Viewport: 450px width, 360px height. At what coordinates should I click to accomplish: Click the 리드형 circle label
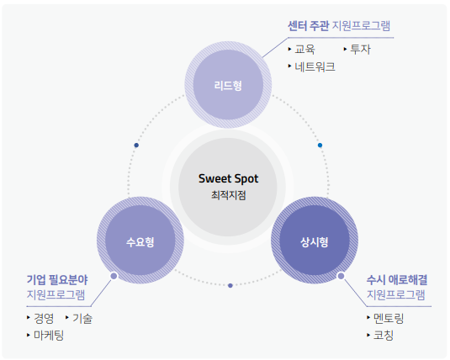(x=228, y=86)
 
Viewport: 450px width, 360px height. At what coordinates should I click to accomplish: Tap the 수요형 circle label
(x=140, y=242)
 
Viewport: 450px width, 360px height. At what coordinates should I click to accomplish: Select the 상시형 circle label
(x=315, y=242)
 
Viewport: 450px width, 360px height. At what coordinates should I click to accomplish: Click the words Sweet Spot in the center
(x=229, y=178)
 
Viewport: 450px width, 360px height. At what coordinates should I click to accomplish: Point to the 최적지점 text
(x=229, y=195)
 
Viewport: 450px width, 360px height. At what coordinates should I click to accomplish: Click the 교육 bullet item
(x=304, y=49)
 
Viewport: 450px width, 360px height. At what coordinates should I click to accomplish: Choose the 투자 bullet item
(x=361, y=49)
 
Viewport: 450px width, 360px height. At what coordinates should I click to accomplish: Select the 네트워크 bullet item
(x=315, y=66)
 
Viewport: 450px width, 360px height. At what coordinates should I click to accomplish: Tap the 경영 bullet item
(x=44, y=318)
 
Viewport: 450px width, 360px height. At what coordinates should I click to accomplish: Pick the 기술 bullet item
(x=82, y=318)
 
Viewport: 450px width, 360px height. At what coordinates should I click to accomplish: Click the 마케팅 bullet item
(x=49, y=335)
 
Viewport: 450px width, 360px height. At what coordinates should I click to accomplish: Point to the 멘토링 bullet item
(x=389, y=318)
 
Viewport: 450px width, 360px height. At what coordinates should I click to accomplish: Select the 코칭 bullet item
(x=384, y=335)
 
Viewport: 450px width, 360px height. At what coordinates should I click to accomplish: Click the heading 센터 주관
(x=308, y=26)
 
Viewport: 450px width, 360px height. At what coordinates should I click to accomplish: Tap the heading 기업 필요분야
(x=57, y=279)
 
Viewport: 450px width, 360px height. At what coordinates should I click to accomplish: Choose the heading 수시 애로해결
(x=397, y=279)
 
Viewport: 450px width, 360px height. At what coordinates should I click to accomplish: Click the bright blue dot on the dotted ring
(x=320, y=146)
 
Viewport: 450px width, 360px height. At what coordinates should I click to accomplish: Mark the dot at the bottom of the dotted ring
(x=230, y=286)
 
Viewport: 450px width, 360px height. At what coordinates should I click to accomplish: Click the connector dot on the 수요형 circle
(x=114, y=276)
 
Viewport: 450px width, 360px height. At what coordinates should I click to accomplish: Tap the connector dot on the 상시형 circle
(x=341, y=276)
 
